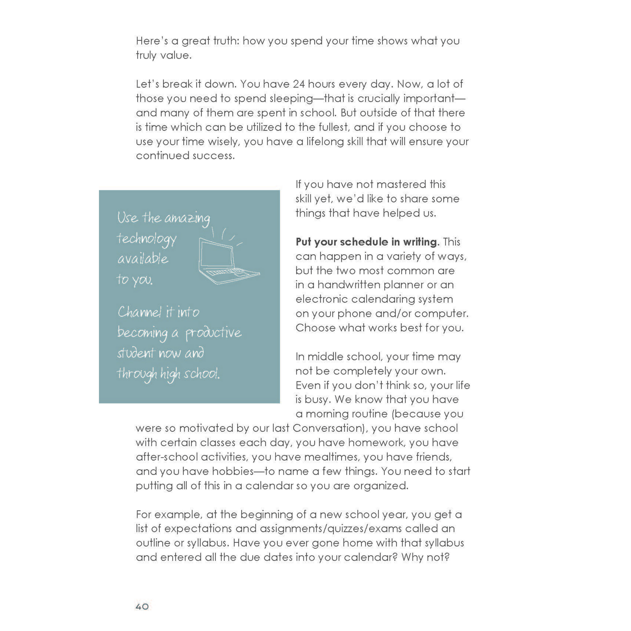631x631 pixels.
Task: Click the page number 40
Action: point(142,606)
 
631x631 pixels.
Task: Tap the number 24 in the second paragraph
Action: point(299,84)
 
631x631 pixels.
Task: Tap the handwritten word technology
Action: point(147,239)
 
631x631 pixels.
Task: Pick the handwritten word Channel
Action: point(139,312)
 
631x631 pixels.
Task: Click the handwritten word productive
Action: point(214,333)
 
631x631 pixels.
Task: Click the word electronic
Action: point(322,299)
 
